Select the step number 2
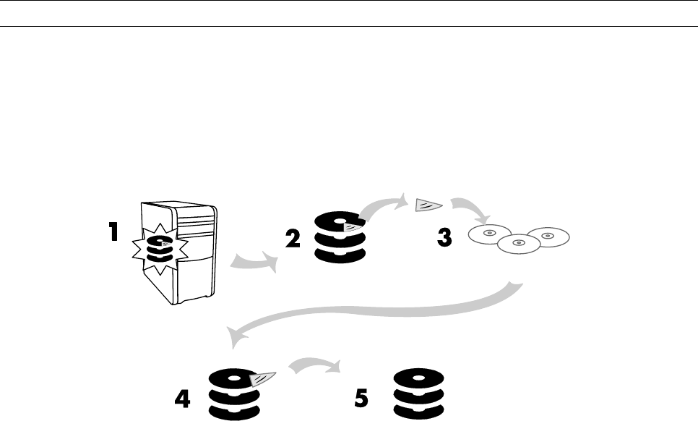(x=293, y=239)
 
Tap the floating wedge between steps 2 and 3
(x=425, y=205)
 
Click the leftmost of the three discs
(x=490, y=234)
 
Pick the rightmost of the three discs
(x=547, y=237)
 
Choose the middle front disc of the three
(x=517, y=244)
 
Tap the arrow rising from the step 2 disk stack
(x=382, y=208)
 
